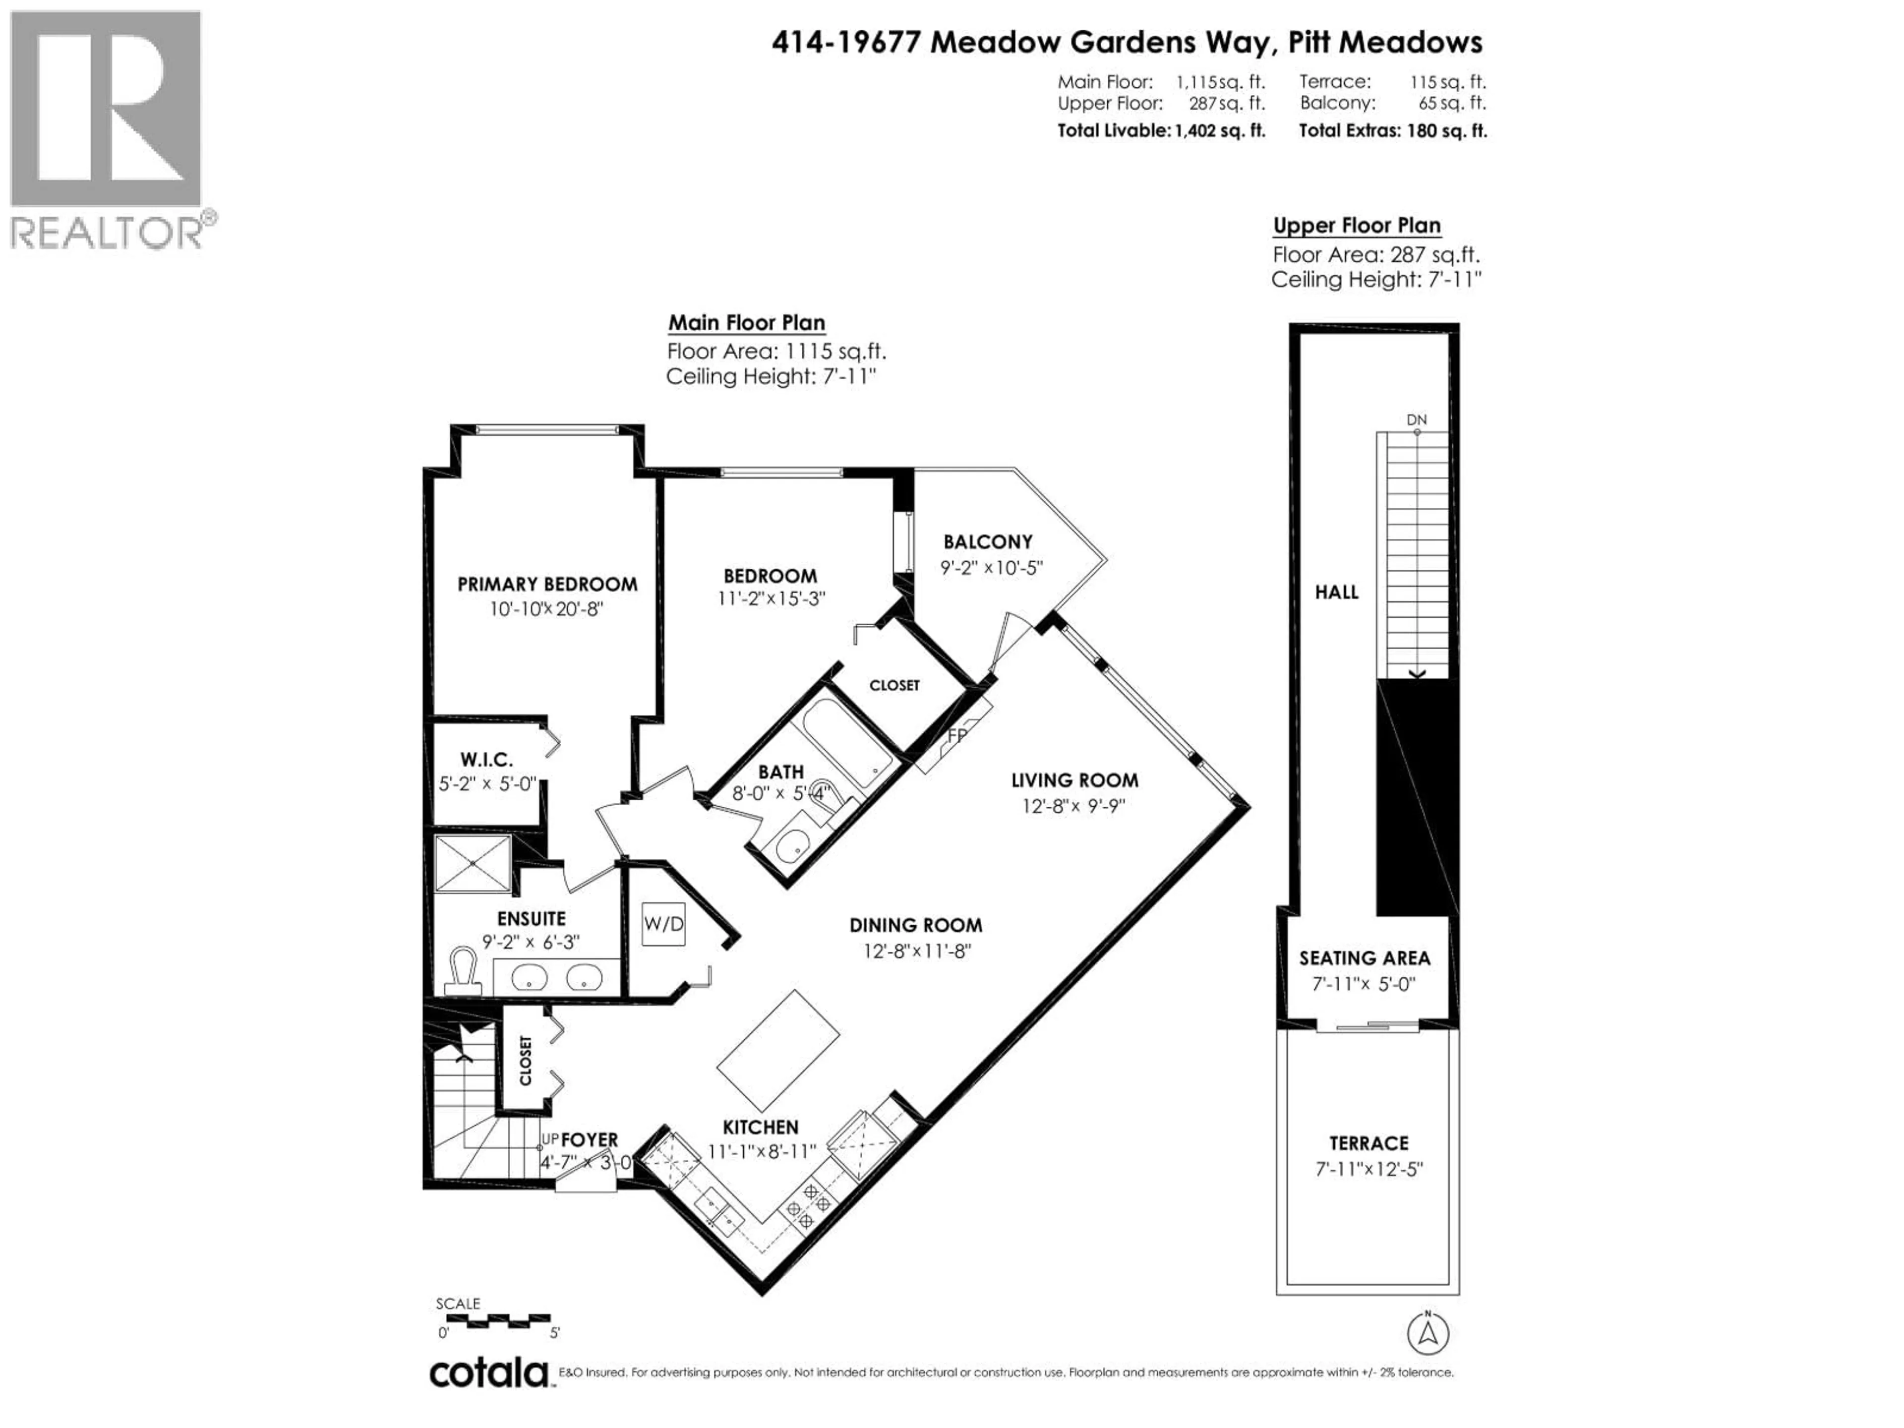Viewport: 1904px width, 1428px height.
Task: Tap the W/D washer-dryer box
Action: coord(663,924)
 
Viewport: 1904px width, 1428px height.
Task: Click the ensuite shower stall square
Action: coord(473,863)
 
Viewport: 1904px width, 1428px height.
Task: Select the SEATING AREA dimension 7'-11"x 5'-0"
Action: coord(1364,984)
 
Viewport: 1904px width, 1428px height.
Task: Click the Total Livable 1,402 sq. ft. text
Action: coord(1161,131)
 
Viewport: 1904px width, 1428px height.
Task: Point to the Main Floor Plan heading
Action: coord(746,323)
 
